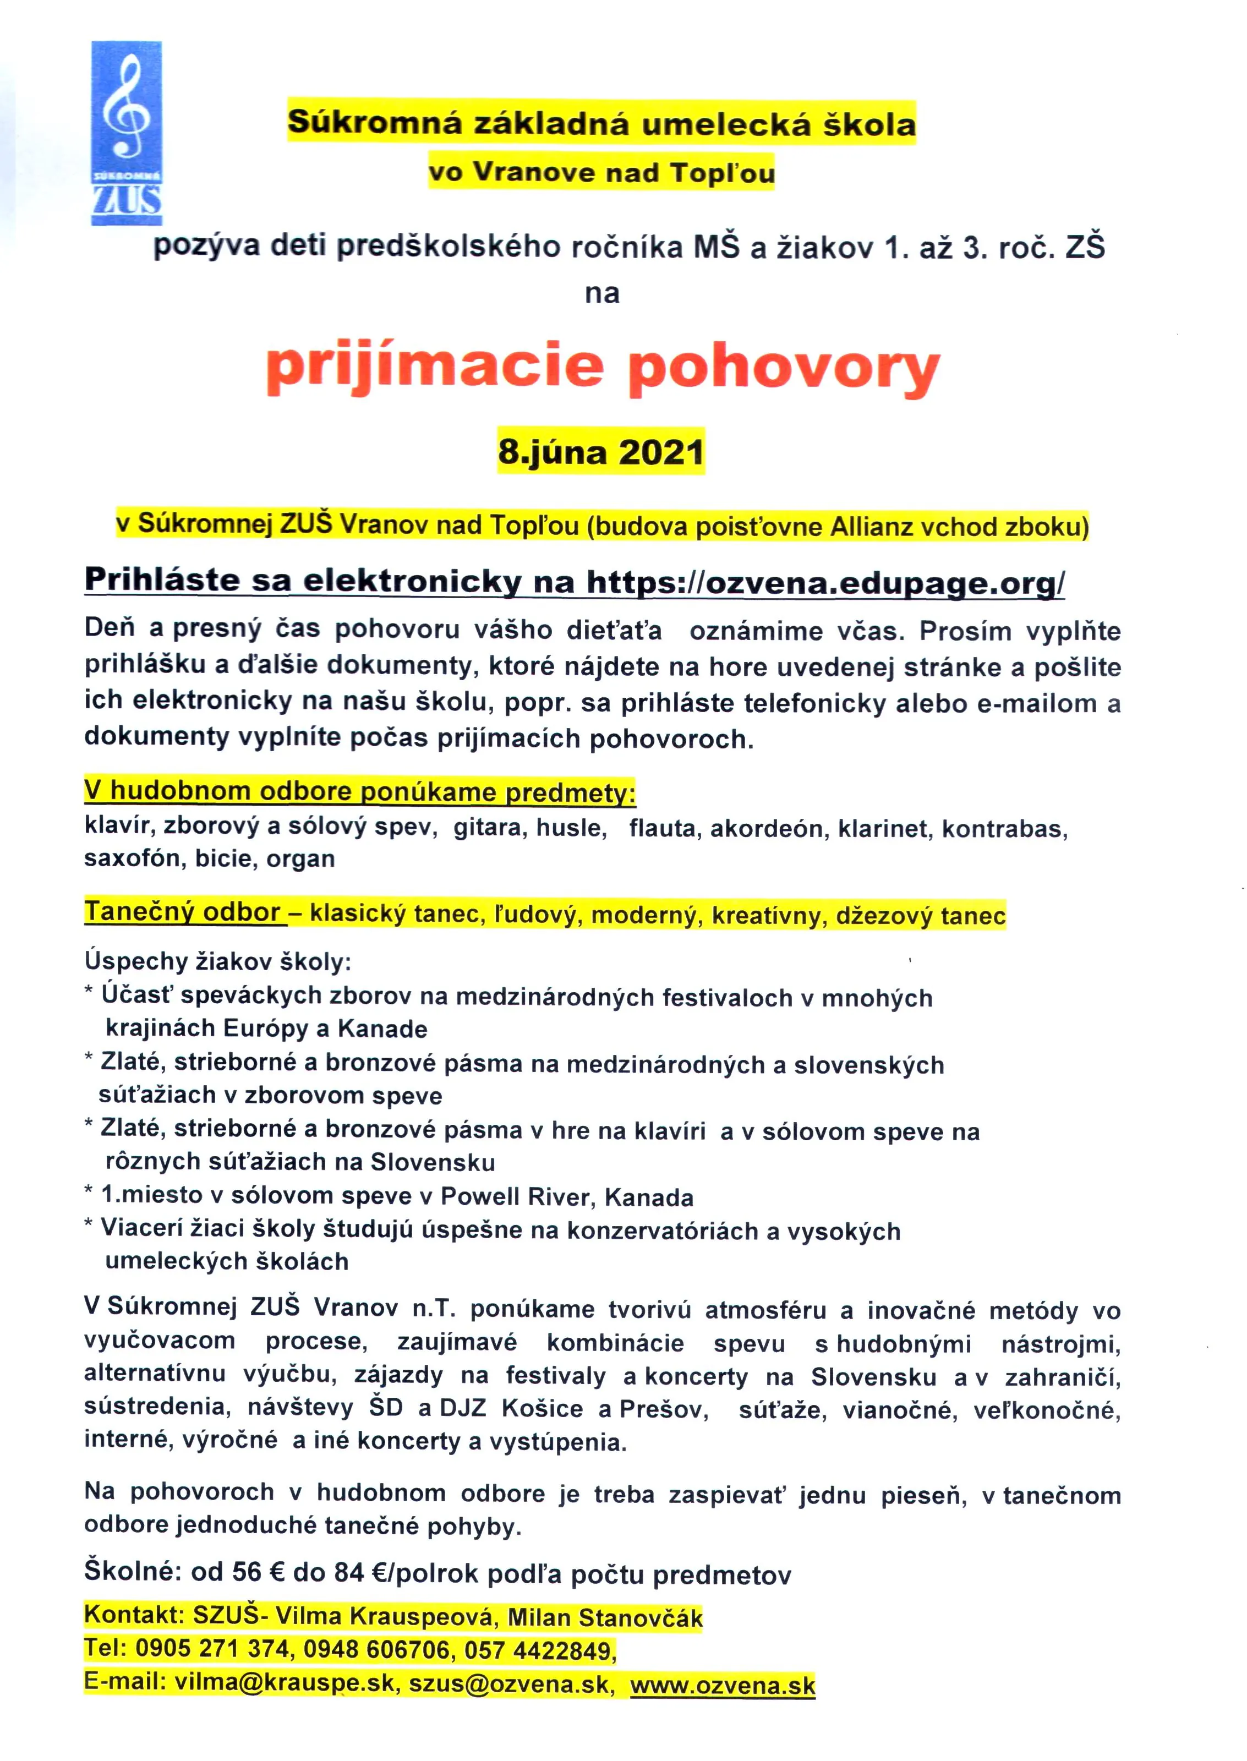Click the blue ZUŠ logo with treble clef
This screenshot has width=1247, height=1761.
[x=127, y=133]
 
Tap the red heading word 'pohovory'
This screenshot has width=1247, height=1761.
[x=784, y=370]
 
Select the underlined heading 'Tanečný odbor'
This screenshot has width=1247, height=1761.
[x=182, y=912]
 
